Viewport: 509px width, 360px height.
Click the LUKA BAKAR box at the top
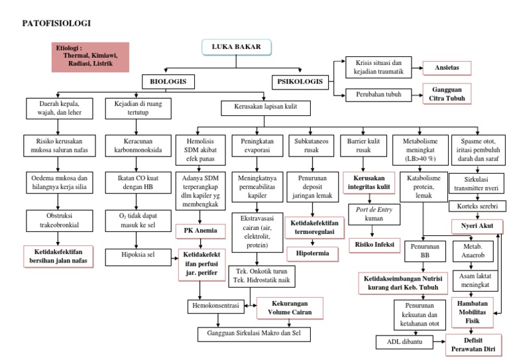click(235, 48)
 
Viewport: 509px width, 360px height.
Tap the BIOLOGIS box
click(166, 82)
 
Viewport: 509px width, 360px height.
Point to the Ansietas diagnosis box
click(446, 68)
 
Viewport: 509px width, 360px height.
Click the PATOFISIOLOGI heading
click(57, 23)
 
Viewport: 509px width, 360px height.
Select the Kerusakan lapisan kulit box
click(260, 107)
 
